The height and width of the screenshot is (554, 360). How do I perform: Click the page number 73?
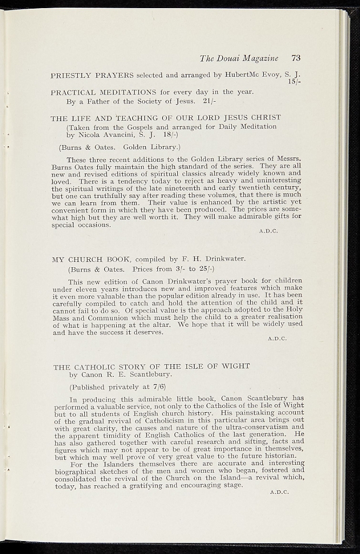pyautogui.click(x=296, y=58)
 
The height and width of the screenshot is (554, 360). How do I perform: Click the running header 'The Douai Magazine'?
pyautogui.click(x=239, y=58)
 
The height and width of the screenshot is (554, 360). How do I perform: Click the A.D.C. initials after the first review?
pyautogui.click(x=268, y=231)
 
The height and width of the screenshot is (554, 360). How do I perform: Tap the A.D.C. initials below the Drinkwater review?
pyautogui.click(x=277, y=339)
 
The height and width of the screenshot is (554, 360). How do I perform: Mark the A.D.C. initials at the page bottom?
pyautogui.click(x=279, y=492)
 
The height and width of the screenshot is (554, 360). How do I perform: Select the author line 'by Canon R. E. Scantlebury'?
pyautogui.click(x=121, y=374)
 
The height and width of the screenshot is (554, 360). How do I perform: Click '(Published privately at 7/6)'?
pyautogui.click(x=117, y=387)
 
